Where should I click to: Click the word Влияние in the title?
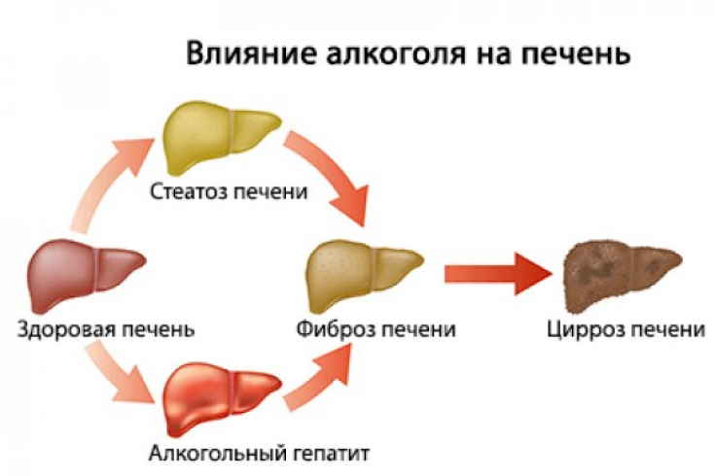252,52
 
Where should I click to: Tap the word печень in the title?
576,54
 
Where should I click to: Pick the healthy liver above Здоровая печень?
86,276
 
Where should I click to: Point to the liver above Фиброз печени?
364,275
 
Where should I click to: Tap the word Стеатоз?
189,191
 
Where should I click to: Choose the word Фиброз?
335,329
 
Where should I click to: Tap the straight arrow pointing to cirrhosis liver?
498,274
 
